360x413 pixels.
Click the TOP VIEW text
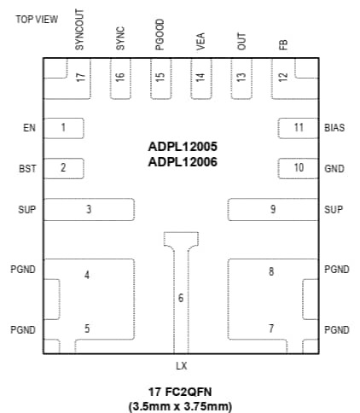(37, 20)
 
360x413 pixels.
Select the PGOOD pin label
(160, 40)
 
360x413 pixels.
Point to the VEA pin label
(200, 43)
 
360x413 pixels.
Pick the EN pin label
(29, 128)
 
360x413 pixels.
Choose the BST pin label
(27, 169)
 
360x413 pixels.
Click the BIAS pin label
(334, 128)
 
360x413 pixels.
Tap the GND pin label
(334, 169)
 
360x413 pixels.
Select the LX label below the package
(181, 366)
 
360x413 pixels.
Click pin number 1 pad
(64, 128)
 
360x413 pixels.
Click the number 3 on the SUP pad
(88, 210)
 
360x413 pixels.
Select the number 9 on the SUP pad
(272, 210)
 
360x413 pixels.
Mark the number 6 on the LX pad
(180, 298)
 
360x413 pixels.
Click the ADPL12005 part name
(181, 147)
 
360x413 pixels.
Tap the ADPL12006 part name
(181, 161)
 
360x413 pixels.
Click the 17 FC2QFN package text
(180, 391)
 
